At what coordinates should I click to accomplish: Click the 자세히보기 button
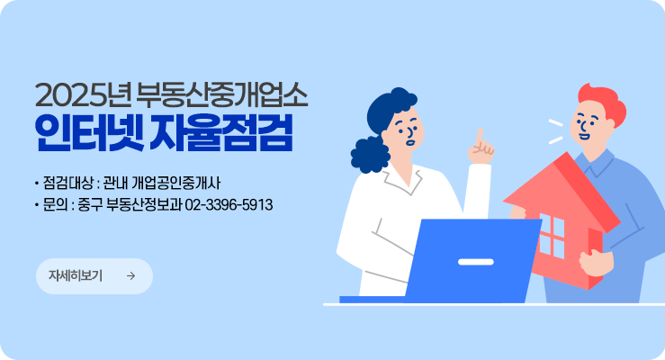tap(94, 276)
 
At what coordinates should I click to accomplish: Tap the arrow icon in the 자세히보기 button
tap(131, 276)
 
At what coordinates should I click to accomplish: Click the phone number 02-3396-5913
tap(229, 205)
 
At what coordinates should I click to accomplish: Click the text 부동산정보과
tap(144, 205)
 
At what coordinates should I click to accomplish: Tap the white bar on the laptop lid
tap(476, 261)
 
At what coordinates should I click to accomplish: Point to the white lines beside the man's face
tap(554, 131)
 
